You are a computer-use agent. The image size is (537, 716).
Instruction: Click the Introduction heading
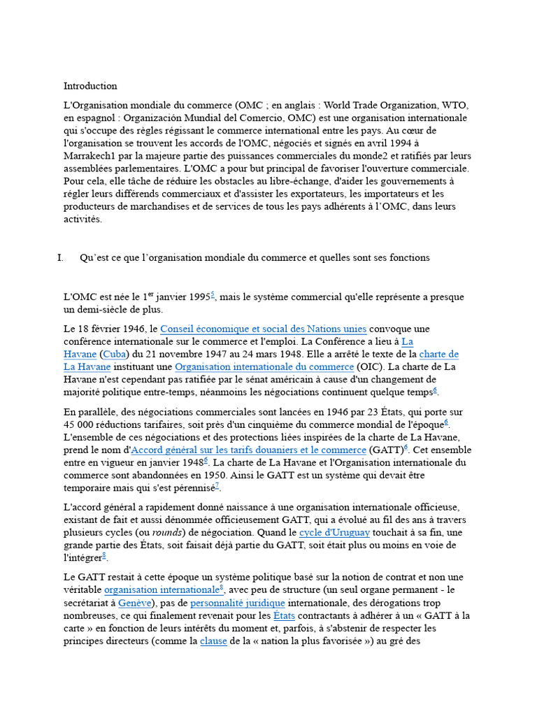pos(90,86)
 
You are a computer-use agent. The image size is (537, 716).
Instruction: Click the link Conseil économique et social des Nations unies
pos(263,329)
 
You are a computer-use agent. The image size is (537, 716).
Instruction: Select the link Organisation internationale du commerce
pos(264,367)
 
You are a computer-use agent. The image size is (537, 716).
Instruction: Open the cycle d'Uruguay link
pos(334,533)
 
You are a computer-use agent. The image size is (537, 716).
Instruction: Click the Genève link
pos(134,603)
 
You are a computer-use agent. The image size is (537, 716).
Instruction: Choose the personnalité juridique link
pos(238,603)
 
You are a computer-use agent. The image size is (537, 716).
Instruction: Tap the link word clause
pos(213,641)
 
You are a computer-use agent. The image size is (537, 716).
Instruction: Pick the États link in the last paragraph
pos(285,616)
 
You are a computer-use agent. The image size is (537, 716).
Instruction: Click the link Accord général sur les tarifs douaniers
pos(249,450)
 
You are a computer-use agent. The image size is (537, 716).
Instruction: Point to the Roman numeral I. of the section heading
pos(61,258)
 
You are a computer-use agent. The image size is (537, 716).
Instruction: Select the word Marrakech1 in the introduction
pos(92,157)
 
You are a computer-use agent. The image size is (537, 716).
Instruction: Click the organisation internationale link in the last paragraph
pos(162,590)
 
